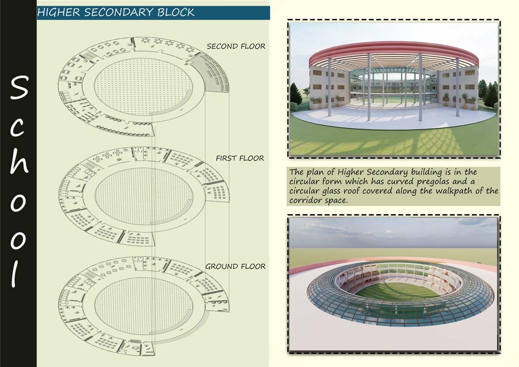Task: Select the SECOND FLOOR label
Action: (x=236, y=46)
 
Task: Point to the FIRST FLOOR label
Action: (x=240, y=158)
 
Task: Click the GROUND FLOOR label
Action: (x=235, y=266)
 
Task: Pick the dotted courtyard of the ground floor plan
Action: (x=143, y=301)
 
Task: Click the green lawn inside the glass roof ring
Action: (x=398, y=291)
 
